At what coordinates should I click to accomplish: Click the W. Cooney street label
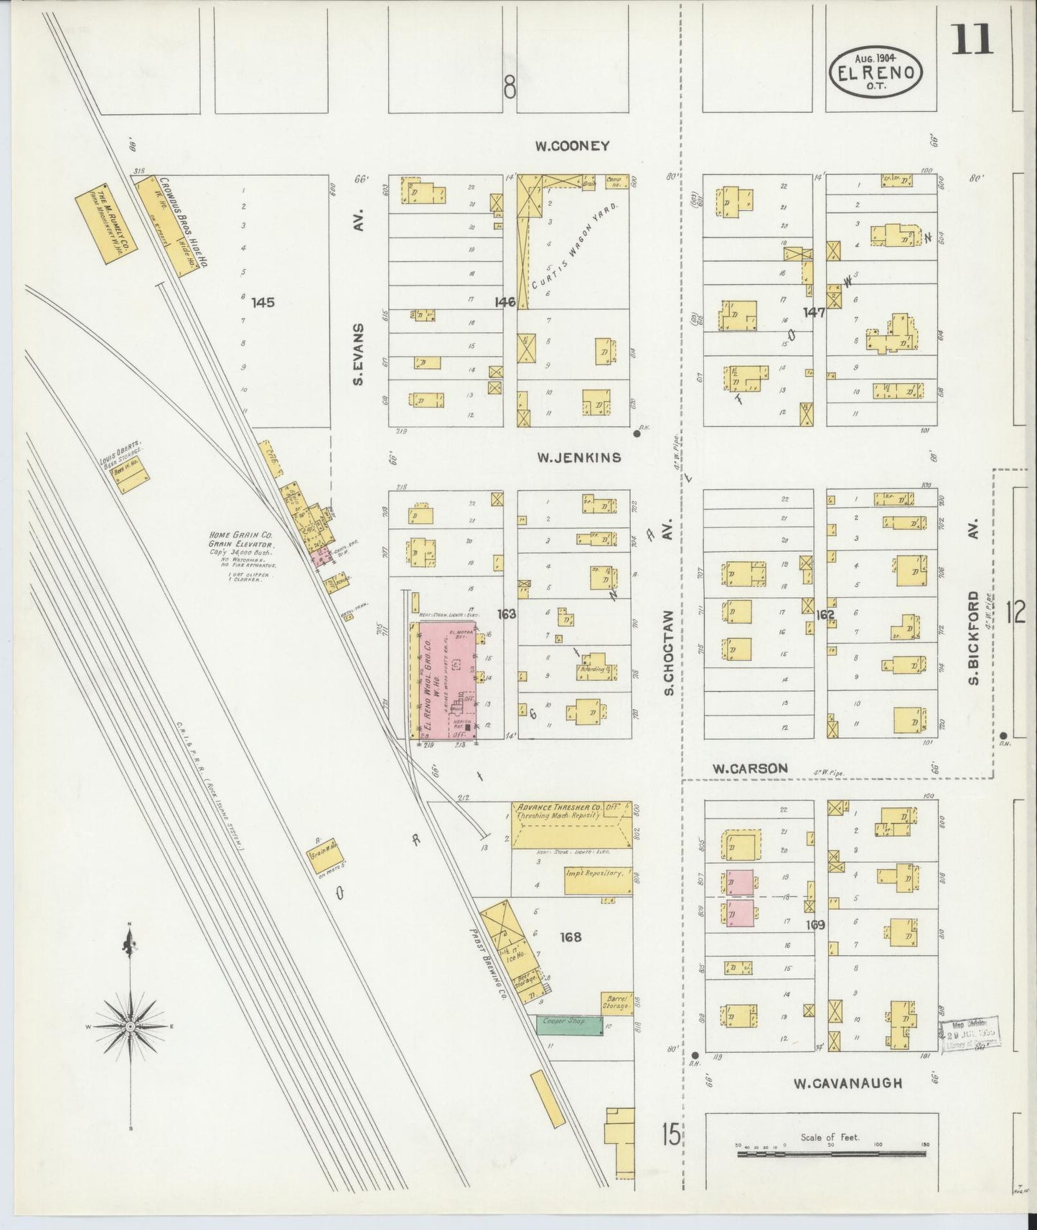click(572, 146)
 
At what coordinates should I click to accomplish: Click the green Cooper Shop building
click(569, 1025)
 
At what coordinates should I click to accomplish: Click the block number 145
click(263, 302)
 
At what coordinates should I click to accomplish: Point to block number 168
click(571, 936)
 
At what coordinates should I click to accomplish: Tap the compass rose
click(130, 1027)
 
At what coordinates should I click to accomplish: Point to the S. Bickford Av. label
click(974, 637)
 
